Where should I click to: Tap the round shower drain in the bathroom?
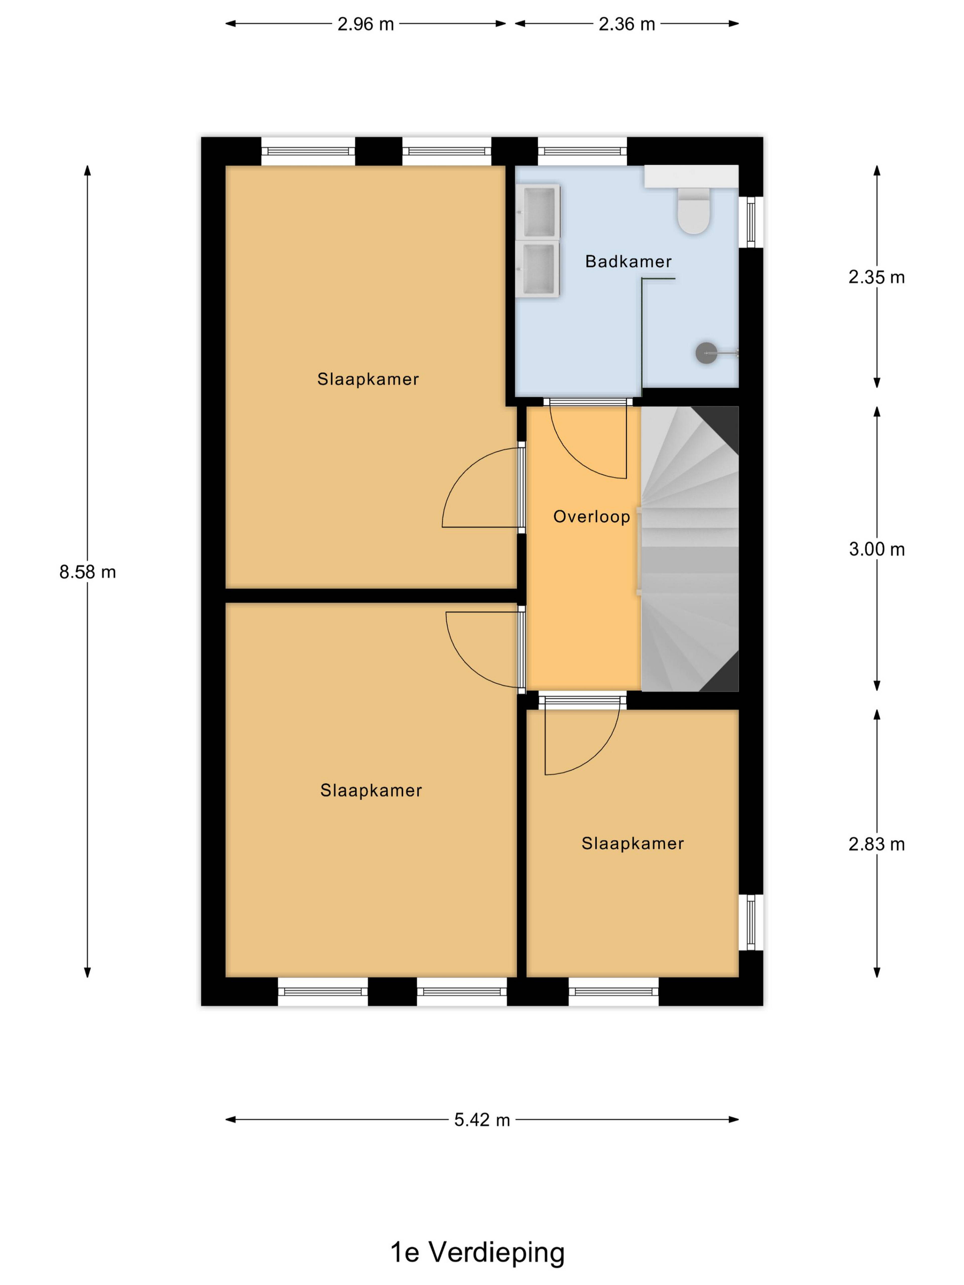pos(706,353)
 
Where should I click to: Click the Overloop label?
pos(591,517)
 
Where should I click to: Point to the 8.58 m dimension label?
pos(88,572)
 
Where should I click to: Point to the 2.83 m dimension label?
pos(876,844)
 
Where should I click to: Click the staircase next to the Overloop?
pos(690,549)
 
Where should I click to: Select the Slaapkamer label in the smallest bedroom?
pos(632,844)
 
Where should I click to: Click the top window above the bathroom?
pos(582,152)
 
